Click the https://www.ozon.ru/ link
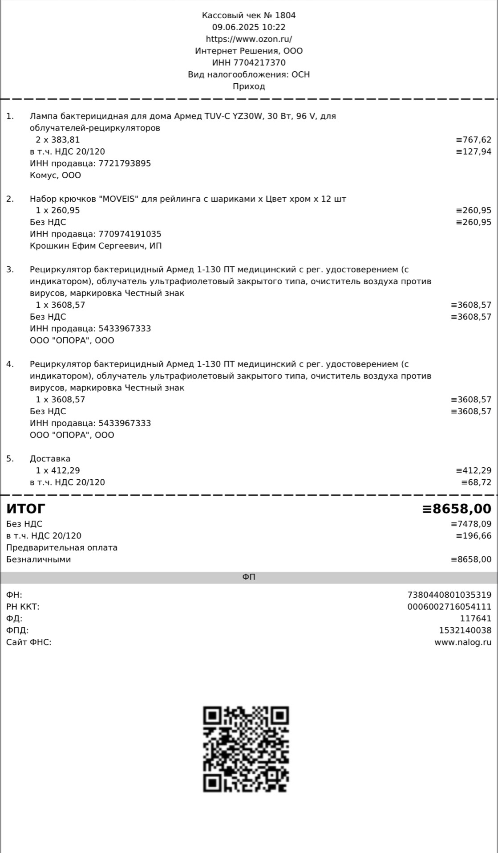pyautogui.click(x=249, y=39)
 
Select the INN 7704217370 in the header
pyautogui.click(x=260, y=63)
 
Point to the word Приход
pyautogui.click(x=249, y=86)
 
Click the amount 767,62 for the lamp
pyautogui.click(x=477, y=140)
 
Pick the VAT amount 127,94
pyautogui.click(x=477, y=151)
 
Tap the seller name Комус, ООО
pyautogui.click(x=56, y=175)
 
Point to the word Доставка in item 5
pyautogui.click(x=50, y=458)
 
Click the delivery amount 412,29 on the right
pyautogui.click(x=477, y=470)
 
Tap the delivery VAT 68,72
pyautogui.click(x=479, y=482)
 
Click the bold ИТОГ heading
pyautogui.click(x=26, y=508)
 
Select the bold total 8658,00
pyautogui.click(x=462, y=508)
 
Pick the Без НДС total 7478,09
pyautogui.click(x=474, y=524)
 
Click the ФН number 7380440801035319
pyautogui.click(x=449, y=595)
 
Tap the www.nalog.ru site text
pyautogui.click(x=463, y=642)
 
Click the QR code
pyautogui.click(x=246, y=749)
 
